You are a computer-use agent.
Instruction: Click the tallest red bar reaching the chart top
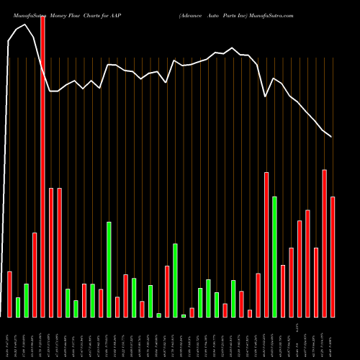pos(42,166)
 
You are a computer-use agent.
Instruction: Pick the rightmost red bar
pos(333,256)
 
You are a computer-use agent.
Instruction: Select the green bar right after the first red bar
pos(18,307)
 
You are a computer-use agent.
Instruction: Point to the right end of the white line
pos(331,136)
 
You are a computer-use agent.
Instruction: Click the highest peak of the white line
pos(26,24)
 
